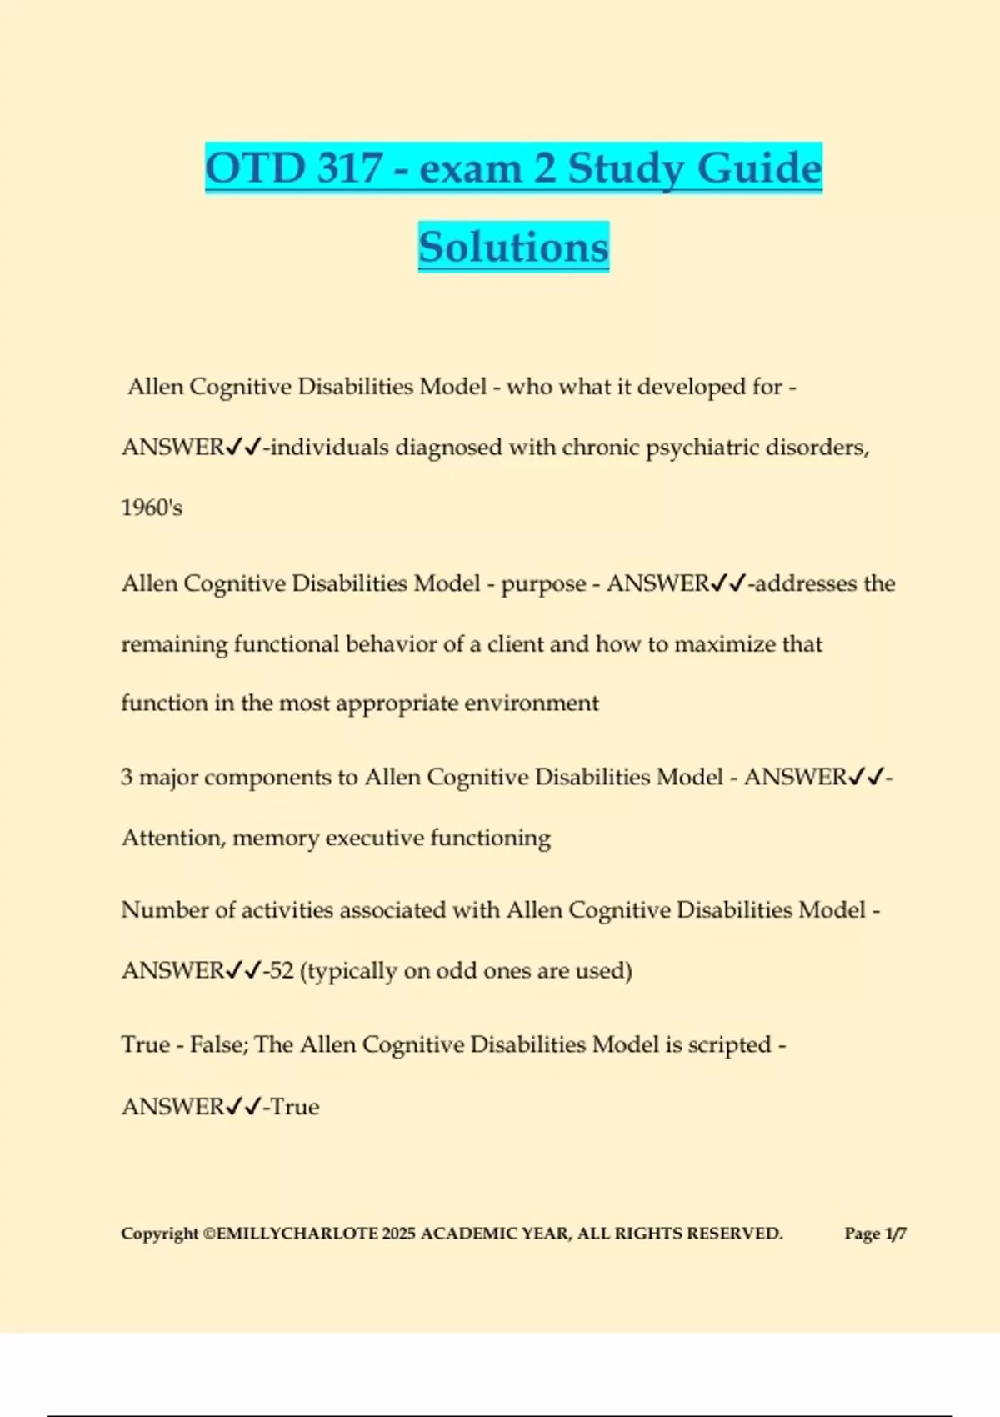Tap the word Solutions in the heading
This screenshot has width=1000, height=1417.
click(x=513, y=247)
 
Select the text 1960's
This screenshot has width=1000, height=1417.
click(x=152, y=508)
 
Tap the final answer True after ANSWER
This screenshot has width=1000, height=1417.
click(x=295, y=1107)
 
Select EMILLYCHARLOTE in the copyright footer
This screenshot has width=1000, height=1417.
click(x=297, y=1234)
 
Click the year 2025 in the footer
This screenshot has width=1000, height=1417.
click(x=398, y=1234)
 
